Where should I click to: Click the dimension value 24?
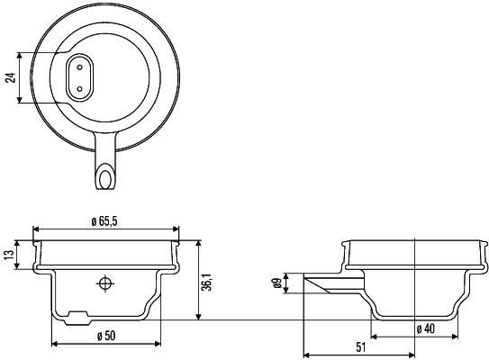11,77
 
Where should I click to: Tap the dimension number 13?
9,256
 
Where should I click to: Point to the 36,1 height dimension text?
206,283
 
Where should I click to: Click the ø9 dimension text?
277,284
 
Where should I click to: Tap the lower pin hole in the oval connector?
78,88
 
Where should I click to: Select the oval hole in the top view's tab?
107,175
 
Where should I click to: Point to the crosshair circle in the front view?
106,284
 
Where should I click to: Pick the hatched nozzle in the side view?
326,286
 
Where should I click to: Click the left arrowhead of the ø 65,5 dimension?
36,228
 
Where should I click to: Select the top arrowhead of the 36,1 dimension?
197,243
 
